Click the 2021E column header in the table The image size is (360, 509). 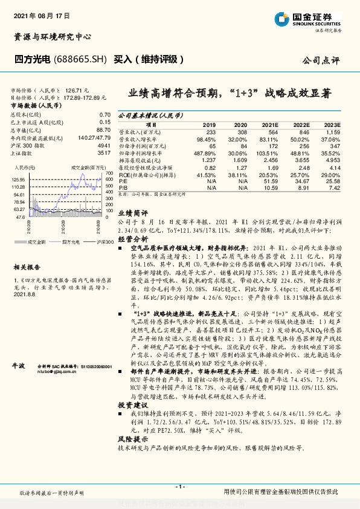[x=271, y=123]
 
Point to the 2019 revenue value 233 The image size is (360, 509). [x=210, y=131]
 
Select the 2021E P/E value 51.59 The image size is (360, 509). [x=271, y=180]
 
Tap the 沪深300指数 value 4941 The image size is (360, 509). [x=104, y=146]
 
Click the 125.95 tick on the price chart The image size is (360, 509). [x=18, y=180]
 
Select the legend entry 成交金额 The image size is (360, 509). [x=37, y=240]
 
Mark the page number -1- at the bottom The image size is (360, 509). [x=180, y=487]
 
